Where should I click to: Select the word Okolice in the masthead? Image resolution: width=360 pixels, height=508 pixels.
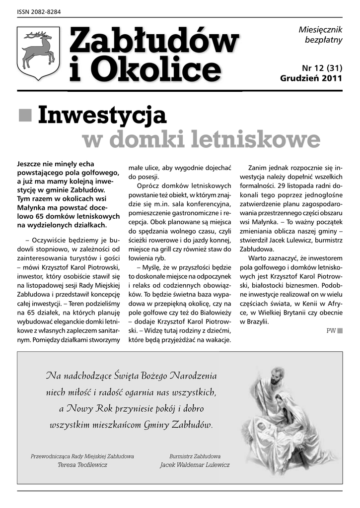(159, 70)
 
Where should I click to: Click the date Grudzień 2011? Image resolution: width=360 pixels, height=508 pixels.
(311, 78)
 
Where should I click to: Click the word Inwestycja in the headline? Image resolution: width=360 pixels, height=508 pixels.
(101, 115)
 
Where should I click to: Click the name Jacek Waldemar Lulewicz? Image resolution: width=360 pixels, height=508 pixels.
(195, 465)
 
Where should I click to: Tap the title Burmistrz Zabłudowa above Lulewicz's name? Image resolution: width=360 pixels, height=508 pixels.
(195, 456)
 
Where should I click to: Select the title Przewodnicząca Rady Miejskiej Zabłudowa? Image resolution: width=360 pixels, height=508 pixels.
(82, 456)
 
